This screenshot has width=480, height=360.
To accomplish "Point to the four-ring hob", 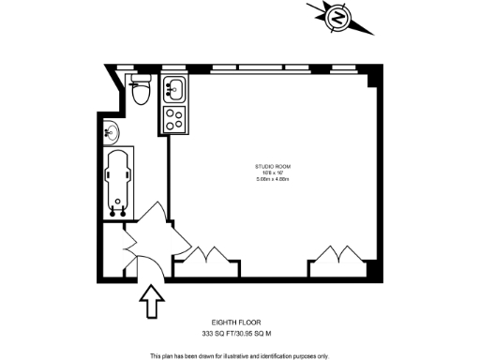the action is (175, 118).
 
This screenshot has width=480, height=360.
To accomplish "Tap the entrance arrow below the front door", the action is (151, 303).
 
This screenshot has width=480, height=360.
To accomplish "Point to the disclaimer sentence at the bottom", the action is (240, 355).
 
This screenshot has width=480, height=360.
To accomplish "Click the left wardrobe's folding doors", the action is (205, 252).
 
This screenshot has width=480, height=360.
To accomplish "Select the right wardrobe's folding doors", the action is (335, 252).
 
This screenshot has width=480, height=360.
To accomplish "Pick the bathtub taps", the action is (118, 206).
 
